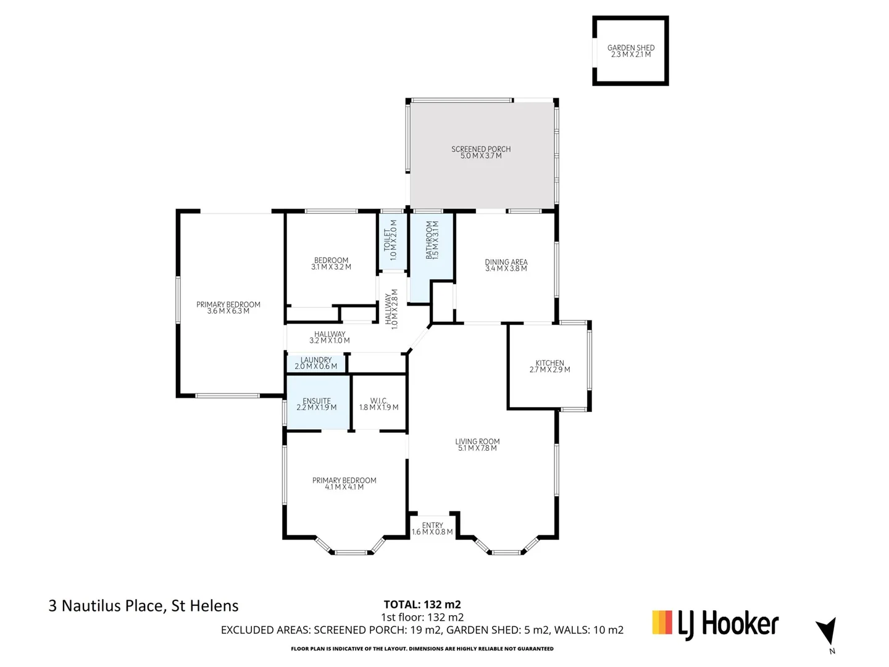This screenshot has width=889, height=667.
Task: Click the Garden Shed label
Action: (x=630, y=51)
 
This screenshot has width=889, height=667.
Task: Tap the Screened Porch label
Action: (x=481, y=153)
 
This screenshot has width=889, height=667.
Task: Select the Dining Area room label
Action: (x=506, y=266)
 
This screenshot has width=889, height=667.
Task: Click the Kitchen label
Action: (x=549, y=367)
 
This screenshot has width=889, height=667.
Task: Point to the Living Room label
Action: (x=477, y=445)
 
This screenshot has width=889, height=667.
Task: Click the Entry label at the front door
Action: (x=432, y=529)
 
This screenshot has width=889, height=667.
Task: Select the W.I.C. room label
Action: (x=378, y=404)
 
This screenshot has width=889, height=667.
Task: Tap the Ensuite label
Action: (x=317, y=404)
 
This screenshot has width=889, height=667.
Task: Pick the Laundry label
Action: (x=316, y=363)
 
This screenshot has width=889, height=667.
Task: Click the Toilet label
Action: (x=390, y=240)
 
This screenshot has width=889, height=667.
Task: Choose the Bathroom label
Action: (x=432, y=240)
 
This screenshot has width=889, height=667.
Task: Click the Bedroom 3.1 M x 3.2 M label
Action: (x=331, y=264)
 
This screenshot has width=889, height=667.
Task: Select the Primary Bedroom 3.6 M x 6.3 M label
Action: (x=228, y=308)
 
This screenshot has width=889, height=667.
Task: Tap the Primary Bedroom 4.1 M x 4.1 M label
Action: (x=344, y=484)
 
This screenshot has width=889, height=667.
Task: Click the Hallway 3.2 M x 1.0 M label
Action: (x=330, y=337)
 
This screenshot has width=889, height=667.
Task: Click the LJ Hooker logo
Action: (x=716, y=624)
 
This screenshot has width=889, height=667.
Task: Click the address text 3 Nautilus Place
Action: (x=143, y=606)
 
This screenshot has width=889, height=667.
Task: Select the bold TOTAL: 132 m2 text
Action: (x=422, y=605)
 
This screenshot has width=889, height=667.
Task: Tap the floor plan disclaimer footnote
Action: (x=422, y=648)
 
